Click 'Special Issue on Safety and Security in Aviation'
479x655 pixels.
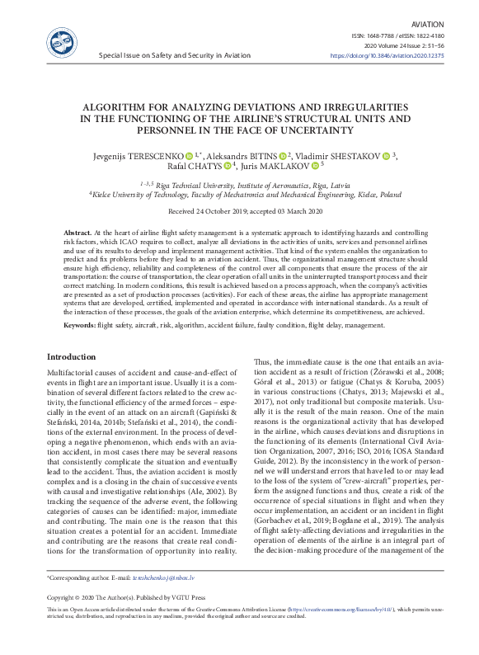pos(174,55)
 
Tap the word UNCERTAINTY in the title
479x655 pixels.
pos(293,130)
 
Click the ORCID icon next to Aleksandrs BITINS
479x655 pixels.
pos(306,154)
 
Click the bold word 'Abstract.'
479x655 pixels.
pos(77,234)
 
